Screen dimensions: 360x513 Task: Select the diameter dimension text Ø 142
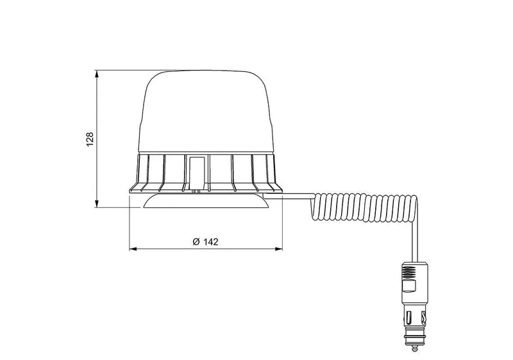205,242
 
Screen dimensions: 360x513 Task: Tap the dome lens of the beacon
205,112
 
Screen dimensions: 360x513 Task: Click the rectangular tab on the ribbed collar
198,172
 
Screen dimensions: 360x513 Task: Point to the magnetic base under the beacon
206,202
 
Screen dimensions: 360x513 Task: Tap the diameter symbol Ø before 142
195,242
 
